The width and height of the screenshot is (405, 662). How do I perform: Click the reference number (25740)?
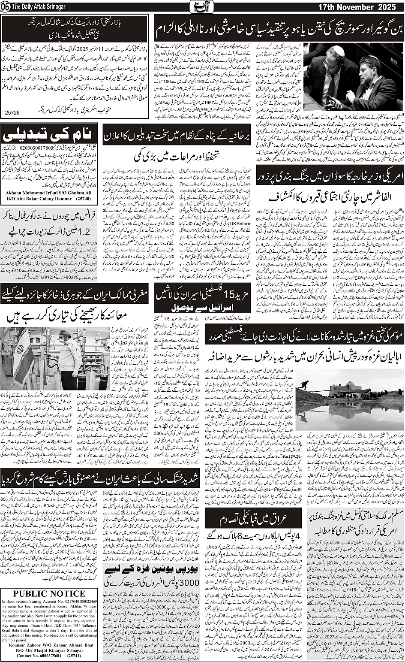click(87, 200)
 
